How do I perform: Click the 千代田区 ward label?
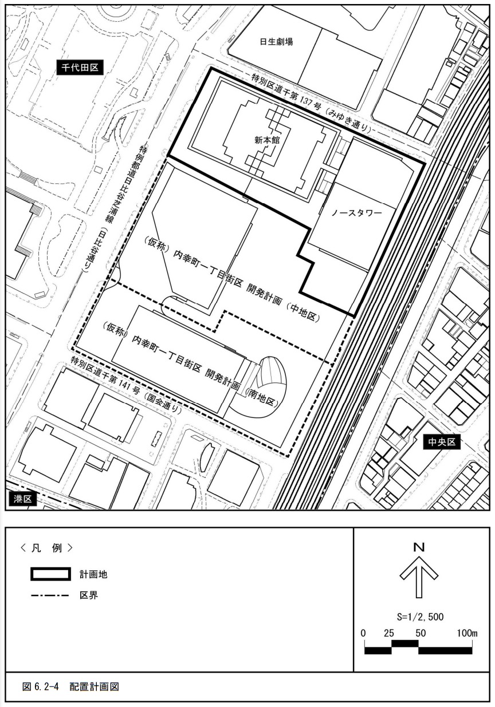(x=80, y=67)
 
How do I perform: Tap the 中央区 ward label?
(x=442, y=442)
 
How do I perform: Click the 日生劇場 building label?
(x=276, y=42)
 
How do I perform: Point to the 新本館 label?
(x=267, y=140)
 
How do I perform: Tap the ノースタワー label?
(x=356, y=213)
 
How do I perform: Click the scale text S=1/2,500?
(x=420, y=617)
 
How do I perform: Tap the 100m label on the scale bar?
(x=467, y=633)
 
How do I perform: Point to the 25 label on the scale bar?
(x=389, y=633)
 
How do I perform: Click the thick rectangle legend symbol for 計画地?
(x=50, y=574)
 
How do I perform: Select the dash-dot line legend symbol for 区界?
(x=50, y=595)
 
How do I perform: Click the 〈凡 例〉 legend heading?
(x=46, y=548)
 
